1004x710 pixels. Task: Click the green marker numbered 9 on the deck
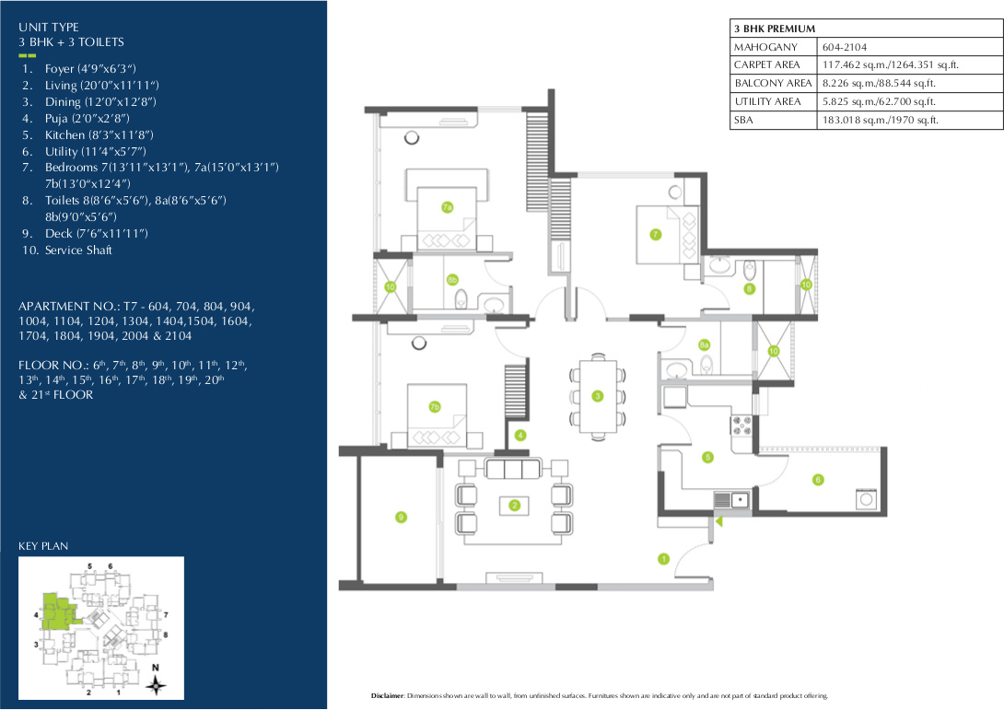click(401, 518)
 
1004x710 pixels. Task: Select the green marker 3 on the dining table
click(597, 396)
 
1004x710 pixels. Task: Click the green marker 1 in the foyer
click(663, 558)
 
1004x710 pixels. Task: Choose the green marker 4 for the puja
click(520, 435)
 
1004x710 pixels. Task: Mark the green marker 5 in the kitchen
click(707, 457)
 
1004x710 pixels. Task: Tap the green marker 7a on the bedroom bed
click(447, 207)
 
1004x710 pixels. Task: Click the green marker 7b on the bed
click(435, 406)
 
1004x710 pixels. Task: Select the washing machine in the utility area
click(867, 499)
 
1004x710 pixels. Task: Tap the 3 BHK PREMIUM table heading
click(775, 29)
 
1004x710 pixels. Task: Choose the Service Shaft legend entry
click(78, 250)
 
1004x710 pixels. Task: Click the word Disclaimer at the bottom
click(387, 695)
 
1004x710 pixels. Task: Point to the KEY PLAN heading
click(43, 546)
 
